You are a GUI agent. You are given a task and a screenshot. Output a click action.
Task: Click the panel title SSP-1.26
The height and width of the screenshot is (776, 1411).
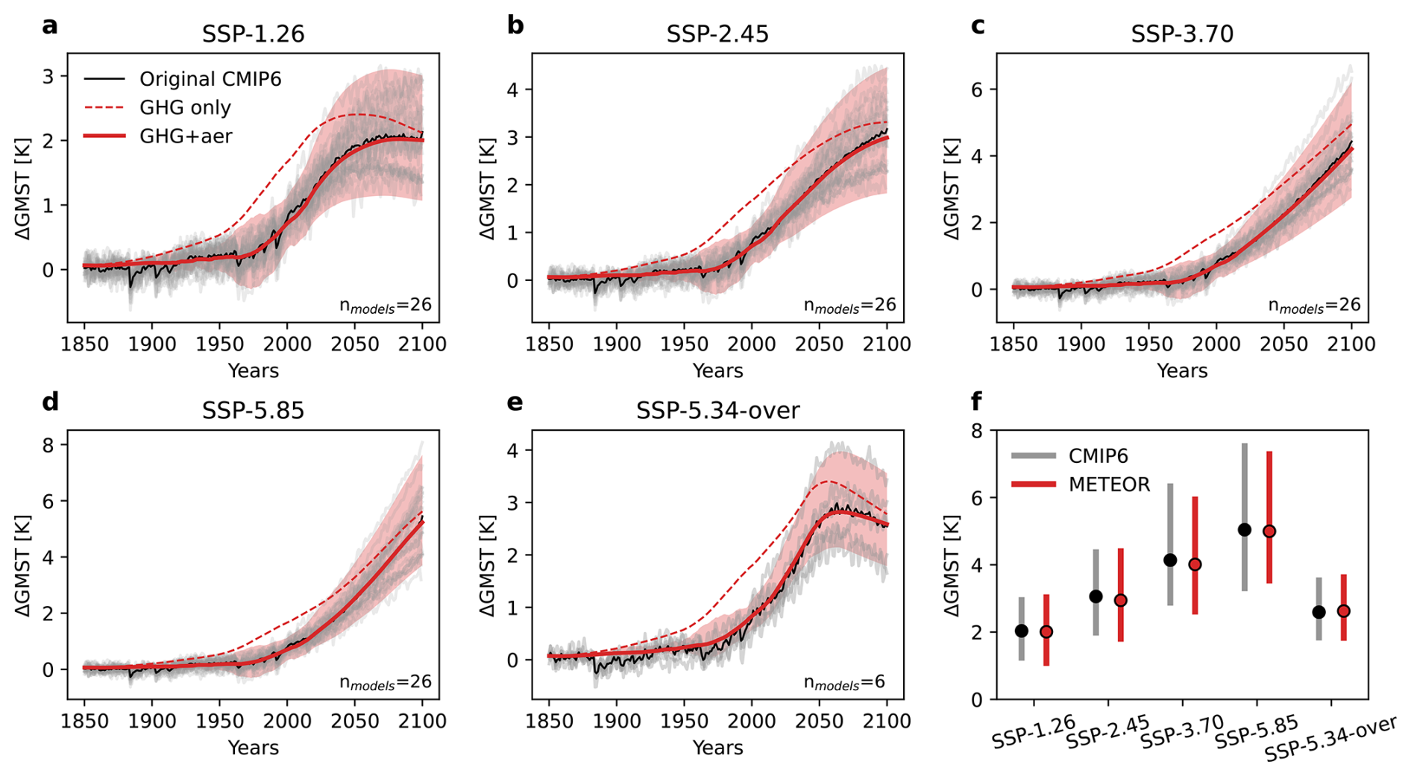(x=253, y=34)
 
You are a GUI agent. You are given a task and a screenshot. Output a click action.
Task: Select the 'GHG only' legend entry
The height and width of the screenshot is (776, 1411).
(x=185, y=107)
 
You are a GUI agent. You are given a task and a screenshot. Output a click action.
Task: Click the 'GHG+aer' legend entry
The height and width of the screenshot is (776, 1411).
(x=186, y=136)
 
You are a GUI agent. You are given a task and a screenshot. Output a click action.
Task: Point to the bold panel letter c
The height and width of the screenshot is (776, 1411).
(x=978, y=26)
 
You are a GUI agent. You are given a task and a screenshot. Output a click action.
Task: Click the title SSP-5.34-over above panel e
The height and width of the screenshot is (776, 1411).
(x=717, y=411)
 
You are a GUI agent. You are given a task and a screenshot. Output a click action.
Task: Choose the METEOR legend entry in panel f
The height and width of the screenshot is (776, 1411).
(x=1109, y=485)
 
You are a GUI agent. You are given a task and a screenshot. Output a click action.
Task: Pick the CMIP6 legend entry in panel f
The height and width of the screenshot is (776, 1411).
(x=1098, y=456)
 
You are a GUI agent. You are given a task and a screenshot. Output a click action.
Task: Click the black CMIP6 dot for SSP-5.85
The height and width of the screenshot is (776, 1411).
(x=1244, y=529)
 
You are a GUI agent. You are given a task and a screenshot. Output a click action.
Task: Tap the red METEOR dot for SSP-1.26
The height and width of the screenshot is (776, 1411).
(x=1046, y=632)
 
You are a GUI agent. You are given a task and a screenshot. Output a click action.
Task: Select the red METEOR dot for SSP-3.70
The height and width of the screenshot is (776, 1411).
(x=1195, y=564)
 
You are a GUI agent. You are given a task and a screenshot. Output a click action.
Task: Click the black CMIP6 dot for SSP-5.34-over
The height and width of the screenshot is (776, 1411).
(x=1319, y=612)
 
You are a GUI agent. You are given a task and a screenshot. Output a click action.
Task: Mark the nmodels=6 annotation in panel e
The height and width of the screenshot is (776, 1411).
(x=843, y=682)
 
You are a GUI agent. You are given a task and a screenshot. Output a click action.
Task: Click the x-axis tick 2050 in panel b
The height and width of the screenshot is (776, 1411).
(x=819, y=344)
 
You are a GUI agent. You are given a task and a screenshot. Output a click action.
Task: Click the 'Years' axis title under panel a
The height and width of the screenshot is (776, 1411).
(x=253, y=370)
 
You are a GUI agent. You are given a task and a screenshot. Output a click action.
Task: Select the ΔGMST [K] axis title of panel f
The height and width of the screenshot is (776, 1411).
(x=952, y=565)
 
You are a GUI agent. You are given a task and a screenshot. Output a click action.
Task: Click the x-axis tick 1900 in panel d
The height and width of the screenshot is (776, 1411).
(x=152, y=722)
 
